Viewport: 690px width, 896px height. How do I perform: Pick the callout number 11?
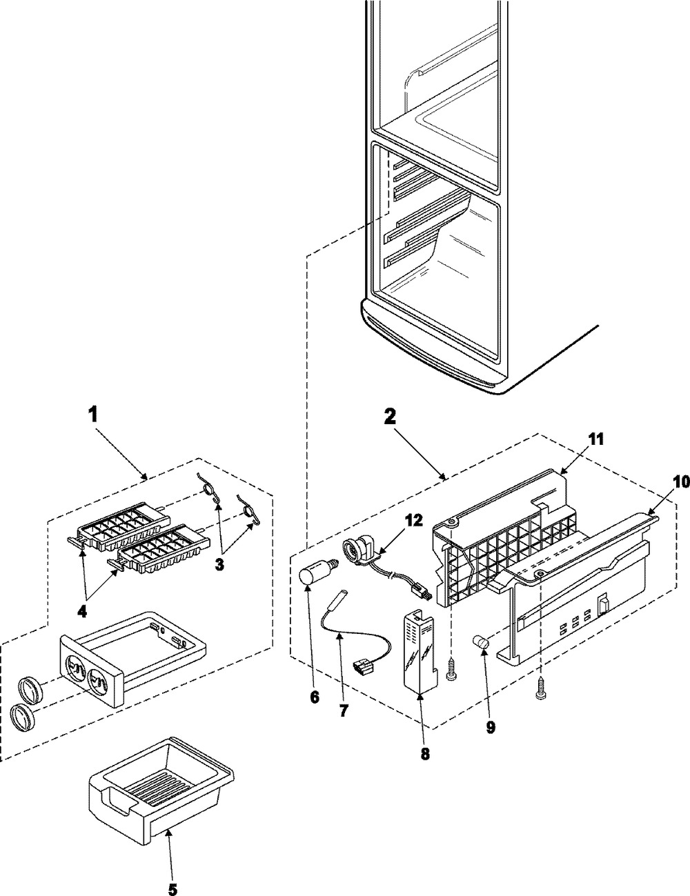point(595,439)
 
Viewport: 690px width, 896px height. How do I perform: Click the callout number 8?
point(424,754)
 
